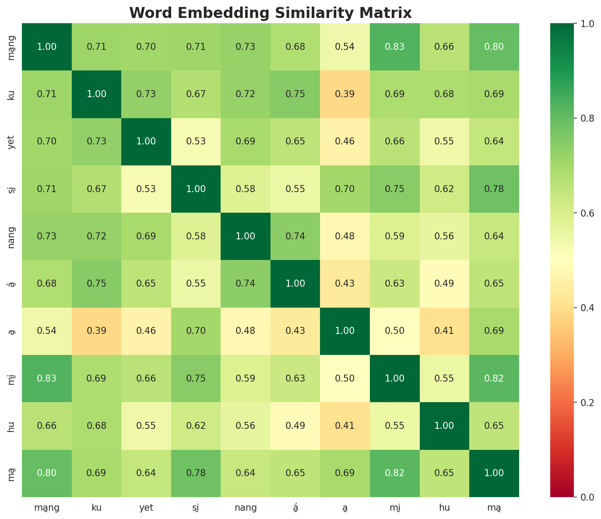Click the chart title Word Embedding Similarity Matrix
[x=271, y=13]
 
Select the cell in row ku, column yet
[x=146, y=94]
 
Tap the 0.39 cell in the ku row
[x=345, y=94]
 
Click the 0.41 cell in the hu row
[x=345, y=426]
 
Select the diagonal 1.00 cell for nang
[x=246, y=236]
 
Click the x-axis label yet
[x=146, y=508]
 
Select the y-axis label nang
[x=12, y=236]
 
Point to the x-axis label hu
[x=445, y=508]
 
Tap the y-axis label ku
[x=12, y=94]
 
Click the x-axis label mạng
[x=47, y=508]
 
